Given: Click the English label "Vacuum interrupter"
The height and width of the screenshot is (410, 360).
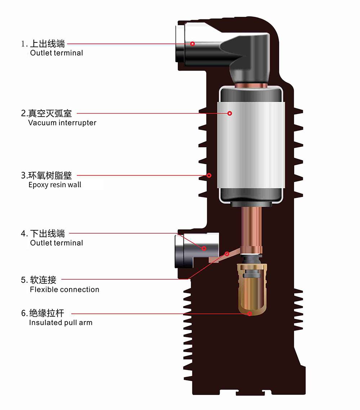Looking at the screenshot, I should [x=62, y=123].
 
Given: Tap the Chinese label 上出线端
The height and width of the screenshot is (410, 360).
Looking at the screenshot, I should [x=47, y=44].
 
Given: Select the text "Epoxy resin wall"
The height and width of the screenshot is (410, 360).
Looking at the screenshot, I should [x=55, y=185].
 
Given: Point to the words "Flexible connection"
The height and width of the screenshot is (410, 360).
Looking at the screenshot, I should [x=64, y=289].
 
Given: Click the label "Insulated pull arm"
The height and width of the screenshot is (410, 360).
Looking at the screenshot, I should [x=60, y=323].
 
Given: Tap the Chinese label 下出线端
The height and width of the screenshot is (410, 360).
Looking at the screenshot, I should [x=47, y=234].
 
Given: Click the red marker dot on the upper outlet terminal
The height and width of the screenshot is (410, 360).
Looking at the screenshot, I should [x=193, y=44].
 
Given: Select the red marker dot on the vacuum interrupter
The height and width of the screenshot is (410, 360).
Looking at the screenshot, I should [x=230, y=113].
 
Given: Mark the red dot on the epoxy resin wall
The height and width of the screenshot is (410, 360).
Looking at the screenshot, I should [x=209, y=175].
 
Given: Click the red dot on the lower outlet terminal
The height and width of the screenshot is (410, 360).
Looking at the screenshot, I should [x=204, y=248].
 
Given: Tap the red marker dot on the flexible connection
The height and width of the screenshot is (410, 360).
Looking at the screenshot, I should [x=227, y=254].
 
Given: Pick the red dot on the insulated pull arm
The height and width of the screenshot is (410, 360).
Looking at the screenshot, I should [x=249, y=314].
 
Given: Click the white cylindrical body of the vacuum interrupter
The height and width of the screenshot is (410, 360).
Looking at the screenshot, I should [x=252, y=144].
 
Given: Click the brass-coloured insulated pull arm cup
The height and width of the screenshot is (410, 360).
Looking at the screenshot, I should [x=252, y=292].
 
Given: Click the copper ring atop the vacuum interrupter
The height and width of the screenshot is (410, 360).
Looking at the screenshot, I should [x=251, y=86].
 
